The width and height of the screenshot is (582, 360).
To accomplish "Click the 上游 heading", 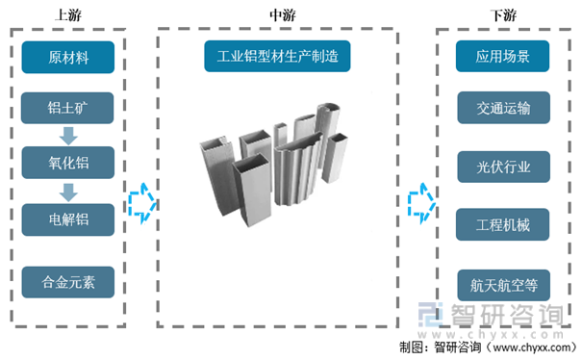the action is point(68,15).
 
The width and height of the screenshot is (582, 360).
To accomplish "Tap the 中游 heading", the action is point(283,15).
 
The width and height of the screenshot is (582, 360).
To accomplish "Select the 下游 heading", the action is point(503,15).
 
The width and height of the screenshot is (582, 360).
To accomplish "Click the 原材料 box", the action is point(68,57).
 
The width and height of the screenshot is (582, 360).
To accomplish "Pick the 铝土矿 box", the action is point(67,108).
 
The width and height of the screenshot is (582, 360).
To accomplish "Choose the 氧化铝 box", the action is point(68,163).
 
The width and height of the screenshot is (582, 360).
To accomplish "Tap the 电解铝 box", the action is point(68,219).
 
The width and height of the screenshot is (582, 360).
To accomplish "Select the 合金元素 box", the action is point(68,282).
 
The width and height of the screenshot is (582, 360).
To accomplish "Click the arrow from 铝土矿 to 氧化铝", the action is point(68,136).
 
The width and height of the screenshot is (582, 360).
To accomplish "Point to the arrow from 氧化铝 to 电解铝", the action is point(68,193).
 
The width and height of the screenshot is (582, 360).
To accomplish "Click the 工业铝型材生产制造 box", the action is point(277,56).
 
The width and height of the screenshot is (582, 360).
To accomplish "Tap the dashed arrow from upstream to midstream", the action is point(142,204).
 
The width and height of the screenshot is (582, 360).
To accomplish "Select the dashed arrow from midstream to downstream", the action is point(421,204).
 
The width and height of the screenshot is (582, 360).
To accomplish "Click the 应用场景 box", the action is point(502,56).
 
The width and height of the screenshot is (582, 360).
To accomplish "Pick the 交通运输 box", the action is point(504,108).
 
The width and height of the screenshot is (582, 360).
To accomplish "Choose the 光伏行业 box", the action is point(504,167).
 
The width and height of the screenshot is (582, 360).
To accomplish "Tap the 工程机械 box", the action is point(502,224).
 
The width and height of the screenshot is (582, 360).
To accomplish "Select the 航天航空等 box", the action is point(504,285).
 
